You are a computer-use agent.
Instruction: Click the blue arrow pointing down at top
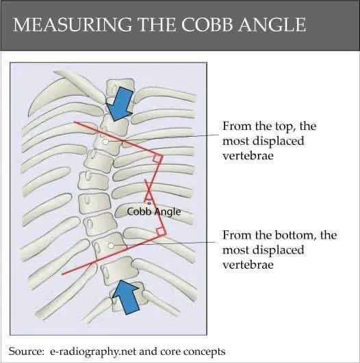click(120, 104)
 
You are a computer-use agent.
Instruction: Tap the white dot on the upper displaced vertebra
click(105, 142)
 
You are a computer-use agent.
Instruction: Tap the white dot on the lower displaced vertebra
click(111, 245)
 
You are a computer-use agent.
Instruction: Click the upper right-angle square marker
click(157, 159)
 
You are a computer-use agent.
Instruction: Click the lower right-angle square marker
click(160, 232)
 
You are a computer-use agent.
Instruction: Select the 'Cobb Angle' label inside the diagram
click(154, 212)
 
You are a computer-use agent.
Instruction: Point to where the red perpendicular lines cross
click(149, 191)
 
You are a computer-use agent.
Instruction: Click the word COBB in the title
click(207, 25)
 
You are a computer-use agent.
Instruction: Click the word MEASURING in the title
click(73, 25)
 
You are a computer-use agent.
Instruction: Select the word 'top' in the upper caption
click(285, 126)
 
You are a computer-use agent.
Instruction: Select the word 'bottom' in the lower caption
click(294, 235)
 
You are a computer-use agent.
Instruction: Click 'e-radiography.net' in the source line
click(93, 351)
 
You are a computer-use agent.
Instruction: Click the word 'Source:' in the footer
click(26, 351)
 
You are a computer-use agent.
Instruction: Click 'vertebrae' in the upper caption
click(248, 156)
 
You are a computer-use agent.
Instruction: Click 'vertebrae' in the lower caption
click(248, 265)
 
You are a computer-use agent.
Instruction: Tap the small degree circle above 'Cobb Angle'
click(149, 203)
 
